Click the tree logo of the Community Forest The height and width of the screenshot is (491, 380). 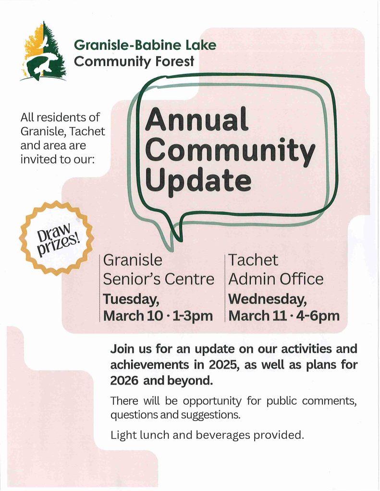coord(44,52)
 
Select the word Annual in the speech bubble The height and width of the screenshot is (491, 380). coord(196,119)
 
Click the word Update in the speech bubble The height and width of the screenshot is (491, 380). coord(198,180)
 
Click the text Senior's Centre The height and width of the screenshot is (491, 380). coord(159,279)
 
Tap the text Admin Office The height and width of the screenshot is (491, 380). coord(276,279)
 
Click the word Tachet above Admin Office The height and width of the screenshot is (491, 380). coord(253,260)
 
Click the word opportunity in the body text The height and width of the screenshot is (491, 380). coord(212,401)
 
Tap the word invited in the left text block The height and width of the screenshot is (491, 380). coord(37,159)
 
